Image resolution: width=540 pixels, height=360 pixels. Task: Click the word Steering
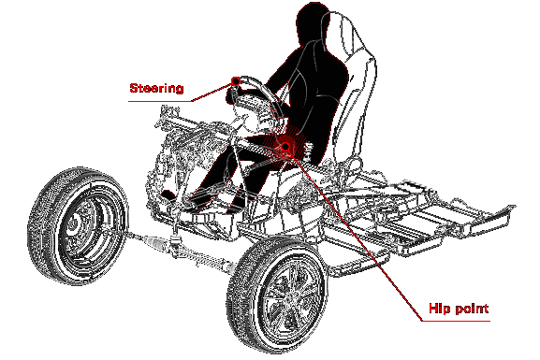coord(156,88)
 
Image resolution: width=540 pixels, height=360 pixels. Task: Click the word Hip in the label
coord(439,309)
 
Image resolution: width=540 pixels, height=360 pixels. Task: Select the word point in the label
coord(471,309)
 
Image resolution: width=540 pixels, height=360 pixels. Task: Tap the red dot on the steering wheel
coord(236,81)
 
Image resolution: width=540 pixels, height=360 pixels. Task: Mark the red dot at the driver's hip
coord(285,147)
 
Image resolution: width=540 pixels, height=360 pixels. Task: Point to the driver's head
coord(312,22)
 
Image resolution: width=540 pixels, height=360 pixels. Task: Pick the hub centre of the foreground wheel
coord(287,298)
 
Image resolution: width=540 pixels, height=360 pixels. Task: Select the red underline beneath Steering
coord(160,101)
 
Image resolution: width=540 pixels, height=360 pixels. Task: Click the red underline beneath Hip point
coord(456,321)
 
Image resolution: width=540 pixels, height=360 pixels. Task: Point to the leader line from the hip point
coord(354,234)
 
